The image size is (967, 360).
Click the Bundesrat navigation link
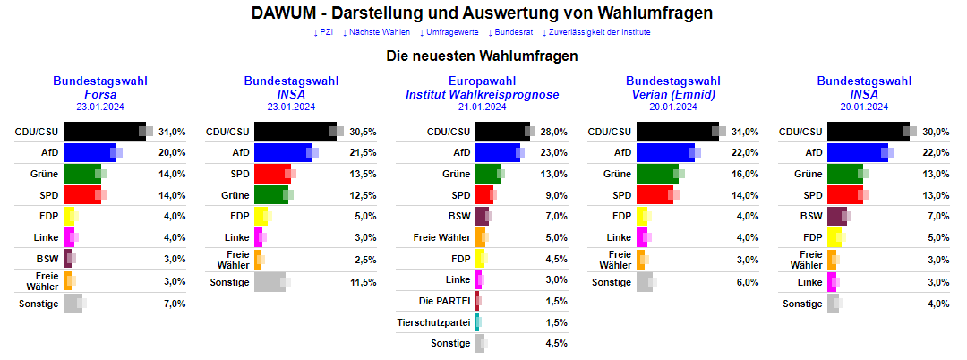click(x=510, y=32)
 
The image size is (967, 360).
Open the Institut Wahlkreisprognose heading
click(x=482, y=94)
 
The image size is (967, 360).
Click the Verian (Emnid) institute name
click(x=673, y=94)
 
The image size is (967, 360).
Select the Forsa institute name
click(x=100, y=94)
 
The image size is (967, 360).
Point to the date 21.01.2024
click(x=482, y=107)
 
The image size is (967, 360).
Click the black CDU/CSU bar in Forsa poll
click(x=103, y=132)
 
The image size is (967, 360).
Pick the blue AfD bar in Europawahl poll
click(x=497, y=153)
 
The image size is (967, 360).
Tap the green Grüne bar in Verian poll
click(x=657, y=175)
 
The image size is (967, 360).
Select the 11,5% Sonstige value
click(x=363, y=282)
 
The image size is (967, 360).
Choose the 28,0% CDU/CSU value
click(x=554, y=132)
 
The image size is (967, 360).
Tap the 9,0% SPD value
click(x=556, y=195)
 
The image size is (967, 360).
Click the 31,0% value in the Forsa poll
click(x=172, y=132)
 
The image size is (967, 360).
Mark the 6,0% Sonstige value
click(x=747, y=282)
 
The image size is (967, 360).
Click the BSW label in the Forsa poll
click(x=47, y=259)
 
